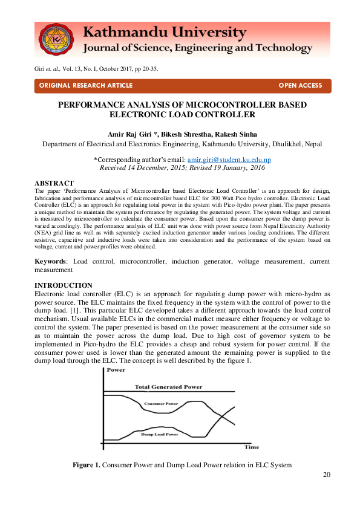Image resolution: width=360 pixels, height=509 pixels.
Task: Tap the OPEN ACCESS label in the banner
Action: (x=300, y=86)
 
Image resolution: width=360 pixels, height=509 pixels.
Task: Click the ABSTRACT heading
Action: (x=54, y=183)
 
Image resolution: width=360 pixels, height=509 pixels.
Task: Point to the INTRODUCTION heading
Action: (x=63, y=285)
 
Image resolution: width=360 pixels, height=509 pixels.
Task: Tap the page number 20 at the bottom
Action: (x=327, y=474)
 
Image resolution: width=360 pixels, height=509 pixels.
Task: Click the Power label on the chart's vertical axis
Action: (x=116, y=369)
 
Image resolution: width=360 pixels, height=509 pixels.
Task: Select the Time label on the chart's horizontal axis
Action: (x=252, y=447)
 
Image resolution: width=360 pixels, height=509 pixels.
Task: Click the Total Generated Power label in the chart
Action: (x=168, y=387)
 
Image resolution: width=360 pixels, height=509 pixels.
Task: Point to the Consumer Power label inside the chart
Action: (x=161, y=403)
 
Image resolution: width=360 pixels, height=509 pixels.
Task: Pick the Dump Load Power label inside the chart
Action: (x=160, y=434)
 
